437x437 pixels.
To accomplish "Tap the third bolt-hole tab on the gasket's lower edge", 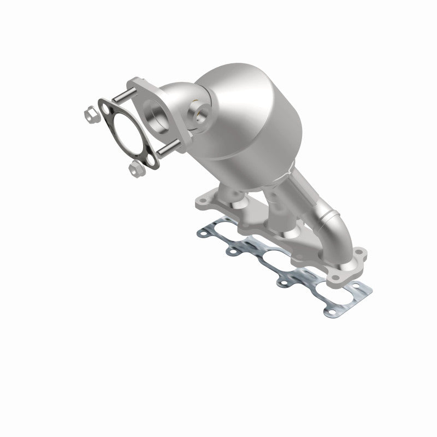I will pyautogui.click(x=284, y=282).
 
